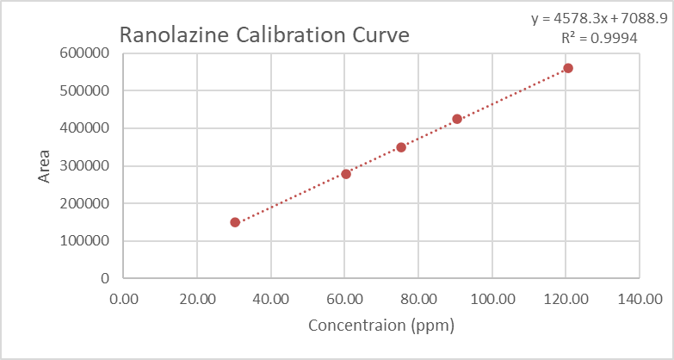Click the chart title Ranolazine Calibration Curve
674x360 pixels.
click(x=263, y=35)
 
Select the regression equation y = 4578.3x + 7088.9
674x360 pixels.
click(x=597, y=18)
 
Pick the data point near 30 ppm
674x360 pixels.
click(x=235, y=222)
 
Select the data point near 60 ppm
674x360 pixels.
click(x=346, y=174)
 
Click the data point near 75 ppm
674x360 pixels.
click(x=401, y=147)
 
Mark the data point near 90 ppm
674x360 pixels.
click(x=457, y=119)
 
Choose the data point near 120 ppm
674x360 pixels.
click(x=568, y=68)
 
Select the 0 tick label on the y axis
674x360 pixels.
click(x=105, y=279)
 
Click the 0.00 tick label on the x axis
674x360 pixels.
click(x=124, y=299)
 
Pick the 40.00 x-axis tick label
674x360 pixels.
click(x=271, y=299)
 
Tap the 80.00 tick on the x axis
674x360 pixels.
click(x=418, y=299)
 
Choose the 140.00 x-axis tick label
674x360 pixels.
click(x=640, y=299)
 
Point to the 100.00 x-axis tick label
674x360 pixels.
click(x=492, y=299)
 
